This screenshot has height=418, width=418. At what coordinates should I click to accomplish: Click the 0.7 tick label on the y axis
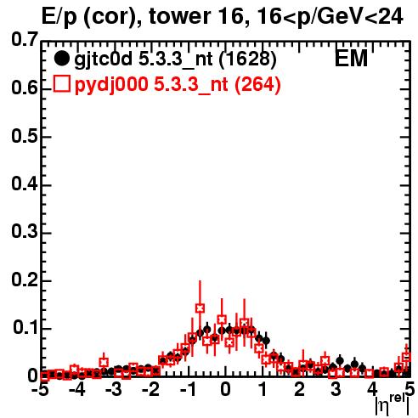tap(25, 39)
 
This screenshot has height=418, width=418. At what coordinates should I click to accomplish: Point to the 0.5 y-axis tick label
tap(25, 136)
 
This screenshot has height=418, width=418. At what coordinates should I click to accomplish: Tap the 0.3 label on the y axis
tap(25, 231)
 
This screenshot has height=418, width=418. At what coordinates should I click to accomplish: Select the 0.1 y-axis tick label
tap(25, 327)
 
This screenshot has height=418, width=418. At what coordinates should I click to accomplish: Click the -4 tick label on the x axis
tap(76, 390)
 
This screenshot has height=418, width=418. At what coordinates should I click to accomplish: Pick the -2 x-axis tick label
tap(150, 390)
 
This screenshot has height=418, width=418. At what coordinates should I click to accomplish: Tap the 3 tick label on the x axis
tap(336, 390)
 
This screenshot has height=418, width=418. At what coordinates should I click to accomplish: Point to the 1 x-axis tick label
tap(263, 390)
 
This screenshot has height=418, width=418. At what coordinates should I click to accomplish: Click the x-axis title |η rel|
tap(392, 405)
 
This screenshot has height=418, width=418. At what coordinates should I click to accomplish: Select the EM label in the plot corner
tap(351, 59)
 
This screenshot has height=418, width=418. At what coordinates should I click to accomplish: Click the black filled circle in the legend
tap(61, 59)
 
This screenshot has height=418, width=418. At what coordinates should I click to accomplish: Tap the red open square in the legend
tap(61, 84)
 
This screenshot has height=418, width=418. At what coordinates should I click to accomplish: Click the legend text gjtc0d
tap(104, 59)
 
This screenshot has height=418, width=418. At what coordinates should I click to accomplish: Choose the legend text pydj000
tap(111, 85)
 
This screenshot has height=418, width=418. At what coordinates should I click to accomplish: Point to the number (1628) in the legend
tap(247, 59)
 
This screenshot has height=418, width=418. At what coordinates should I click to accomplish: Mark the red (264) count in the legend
tap(257, 85)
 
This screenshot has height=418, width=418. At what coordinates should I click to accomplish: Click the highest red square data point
tap(200, 308)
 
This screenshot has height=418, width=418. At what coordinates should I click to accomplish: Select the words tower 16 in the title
tap(196, 16)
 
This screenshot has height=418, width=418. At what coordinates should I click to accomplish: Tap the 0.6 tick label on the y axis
tap(25, 88)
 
